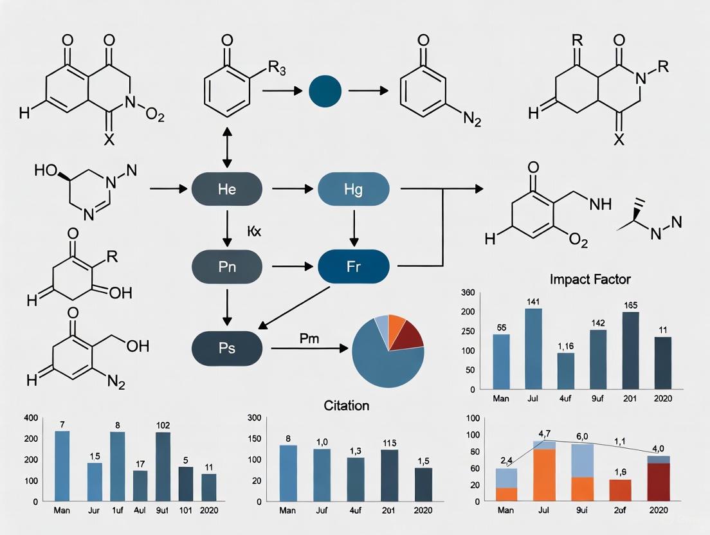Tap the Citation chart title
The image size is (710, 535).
[346, 406]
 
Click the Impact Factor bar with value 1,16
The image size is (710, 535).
[565, 371]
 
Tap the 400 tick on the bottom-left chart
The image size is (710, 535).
[30, 419]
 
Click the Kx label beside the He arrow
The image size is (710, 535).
[253, 231]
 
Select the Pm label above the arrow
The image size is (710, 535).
[309, 338]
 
